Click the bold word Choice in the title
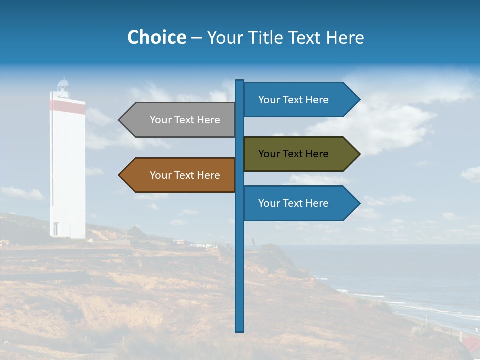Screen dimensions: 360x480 (156, 38)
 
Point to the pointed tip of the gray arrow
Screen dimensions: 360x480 (120, 120)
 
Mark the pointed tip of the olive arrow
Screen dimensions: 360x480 (359, 154)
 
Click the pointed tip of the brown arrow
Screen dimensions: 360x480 (120, 175)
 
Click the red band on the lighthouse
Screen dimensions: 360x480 (67, 106)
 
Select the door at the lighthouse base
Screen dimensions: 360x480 (55, 229)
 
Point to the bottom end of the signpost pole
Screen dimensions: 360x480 (240, 330)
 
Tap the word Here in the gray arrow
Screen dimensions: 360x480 (208, 120)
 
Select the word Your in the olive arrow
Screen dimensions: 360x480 (269, 154)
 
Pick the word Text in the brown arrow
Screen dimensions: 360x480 (184, 175)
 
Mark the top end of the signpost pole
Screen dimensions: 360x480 (240, 81)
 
